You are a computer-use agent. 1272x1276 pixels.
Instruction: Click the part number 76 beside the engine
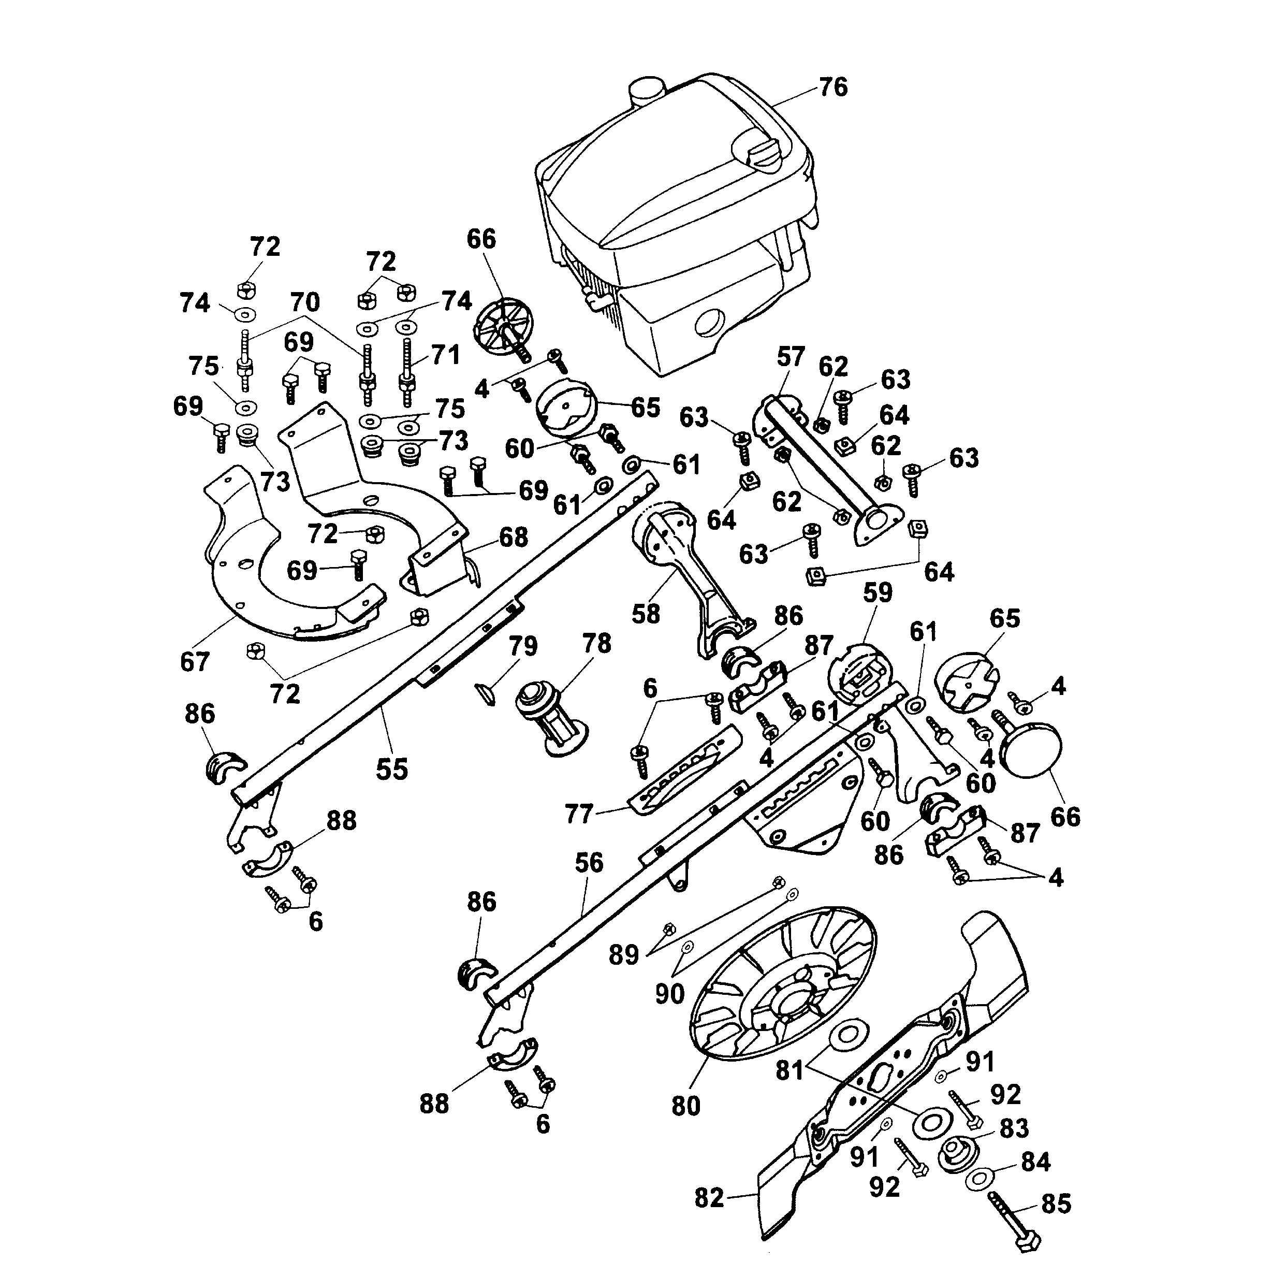pos(833,87)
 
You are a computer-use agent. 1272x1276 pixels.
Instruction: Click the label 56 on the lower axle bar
pos(589,863)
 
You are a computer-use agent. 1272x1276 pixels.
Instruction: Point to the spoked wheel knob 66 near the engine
pos(503,328)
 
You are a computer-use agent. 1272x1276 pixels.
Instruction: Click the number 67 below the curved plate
pos(195,661)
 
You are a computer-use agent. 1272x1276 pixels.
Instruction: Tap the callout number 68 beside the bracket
pos(514,537)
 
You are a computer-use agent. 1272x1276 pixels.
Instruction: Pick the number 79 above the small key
pos(523,646)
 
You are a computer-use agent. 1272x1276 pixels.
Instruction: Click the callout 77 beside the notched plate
pos(579,814)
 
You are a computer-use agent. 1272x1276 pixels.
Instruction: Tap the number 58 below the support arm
pos(646,614)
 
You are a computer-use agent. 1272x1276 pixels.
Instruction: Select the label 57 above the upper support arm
pos(790,357)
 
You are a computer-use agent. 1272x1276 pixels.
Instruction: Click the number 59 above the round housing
pos(878,592)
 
